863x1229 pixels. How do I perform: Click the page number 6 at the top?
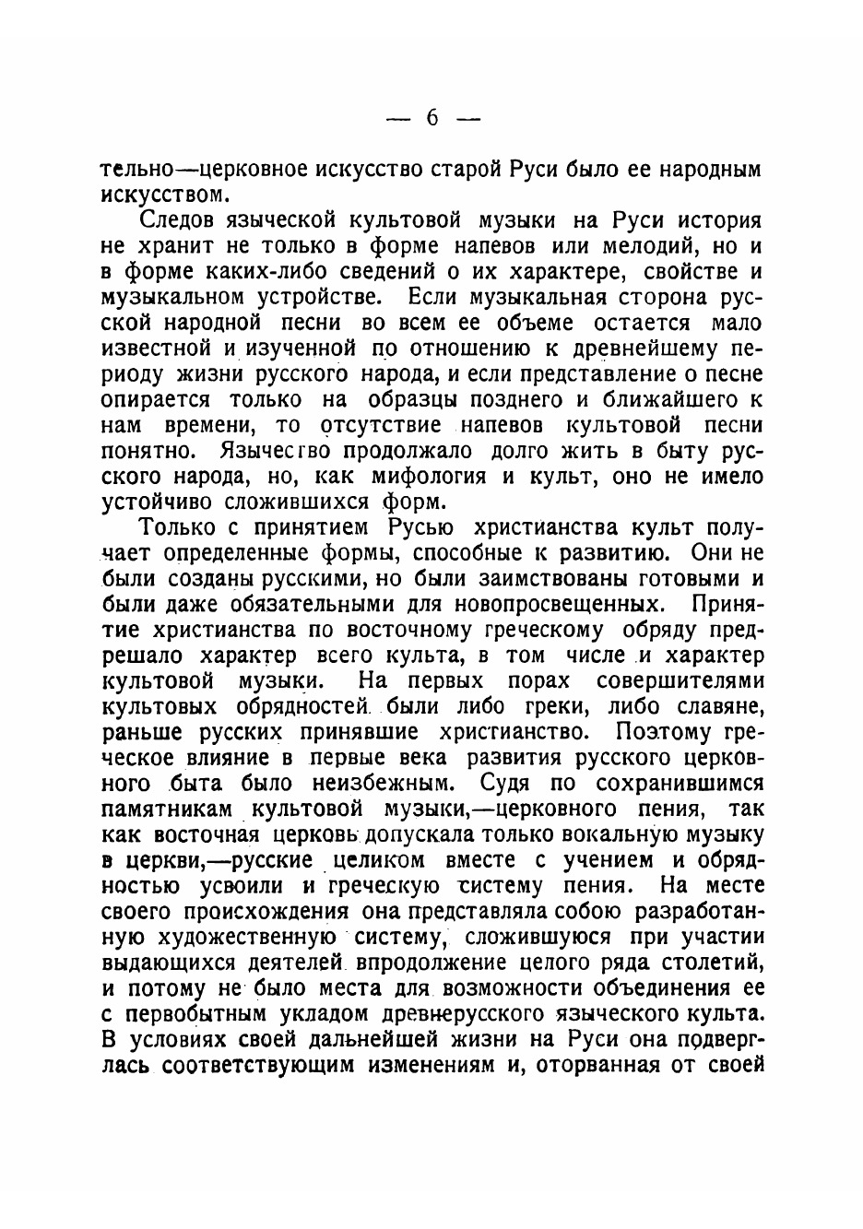[x=431, y=118]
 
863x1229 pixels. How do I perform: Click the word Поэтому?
[x=663, y=732]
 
